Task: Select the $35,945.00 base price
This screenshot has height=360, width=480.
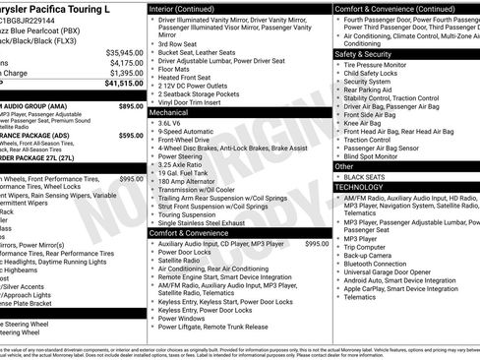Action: tap(124, 52)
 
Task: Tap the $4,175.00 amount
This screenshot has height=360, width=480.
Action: tap(126, 63)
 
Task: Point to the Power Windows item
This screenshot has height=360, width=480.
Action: tap(183, 319)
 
